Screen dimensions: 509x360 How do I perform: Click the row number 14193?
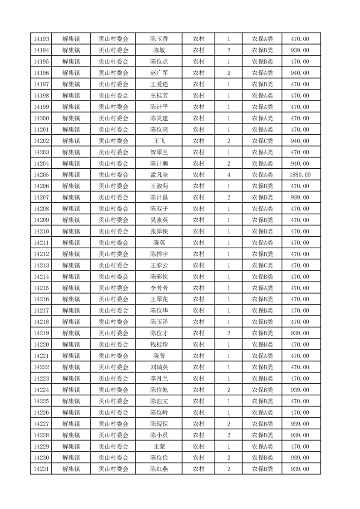tap(41, 39)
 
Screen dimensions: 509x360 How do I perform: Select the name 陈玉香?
tap(159, 39)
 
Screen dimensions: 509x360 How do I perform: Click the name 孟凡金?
tap(159, 175)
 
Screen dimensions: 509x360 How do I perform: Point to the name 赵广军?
tap(159, 73)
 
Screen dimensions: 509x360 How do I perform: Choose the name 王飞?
tap(159, 141)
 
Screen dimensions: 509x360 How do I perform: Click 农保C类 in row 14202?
tap(262, 141)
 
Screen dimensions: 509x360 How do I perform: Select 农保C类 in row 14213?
tap(262, 265)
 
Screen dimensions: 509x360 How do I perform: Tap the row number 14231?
tap(41, 469)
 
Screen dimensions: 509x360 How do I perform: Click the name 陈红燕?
tap(159, 469)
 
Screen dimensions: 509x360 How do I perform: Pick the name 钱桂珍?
tap(159, 345)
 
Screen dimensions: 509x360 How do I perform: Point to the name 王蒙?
tap(159, 446)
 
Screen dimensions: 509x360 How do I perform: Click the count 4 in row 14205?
tap(228, 175)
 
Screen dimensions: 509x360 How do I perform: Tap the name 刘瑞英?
tap(159, 367)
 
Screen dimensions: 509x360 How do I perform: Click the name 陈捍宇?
tap(159, 254)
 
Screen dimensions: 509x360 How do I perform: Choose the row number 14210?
tap(41, 231)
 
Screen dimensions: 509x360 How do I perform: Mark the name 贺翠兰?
tap(159, 152)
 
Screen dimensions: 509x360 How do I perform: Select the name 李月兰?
tap(159, 378)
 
